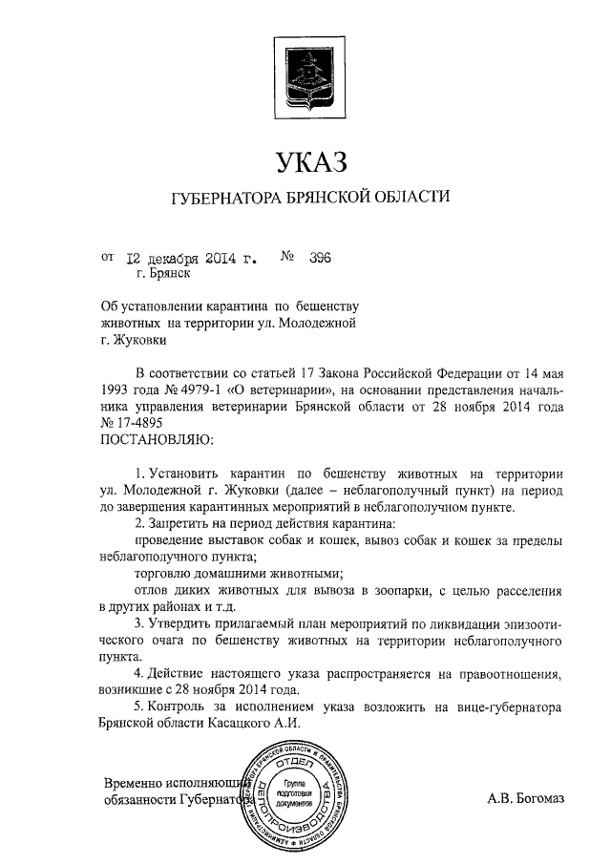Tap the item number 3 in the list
click(x=139, y=623)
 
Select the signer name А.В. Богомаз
click(x=525, y=799)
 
